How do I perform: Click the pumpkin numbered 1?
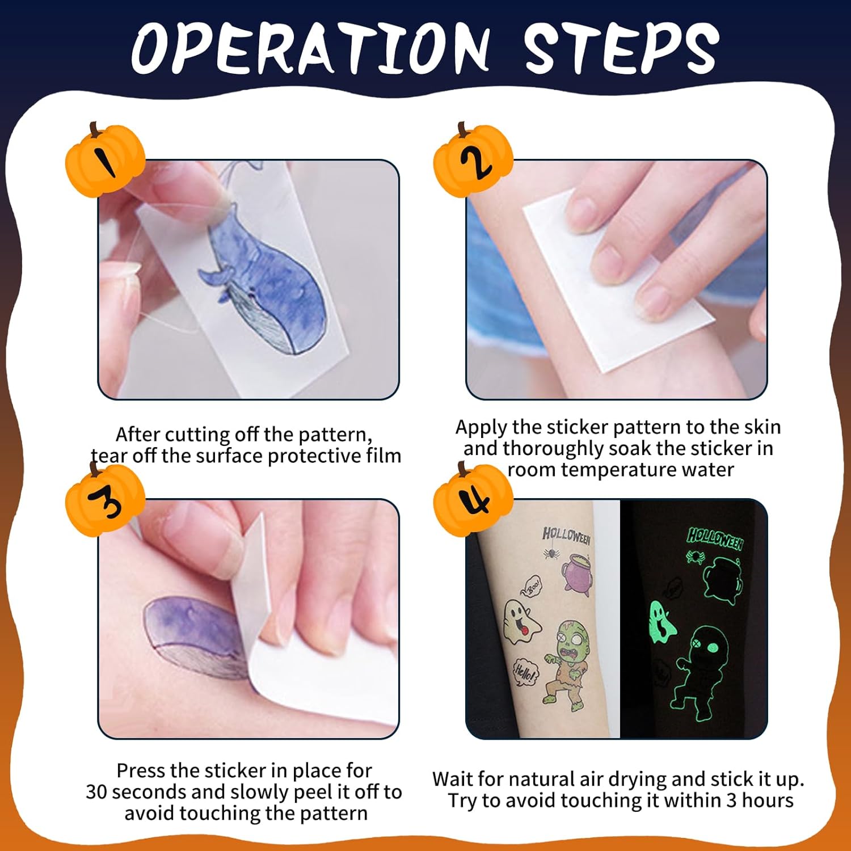106,160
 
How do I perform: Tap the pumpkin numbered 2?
473,160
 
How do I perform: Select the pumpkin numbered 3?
106,498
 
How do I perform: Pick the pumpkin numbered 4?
473,498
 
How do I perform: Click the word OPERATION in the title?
311,48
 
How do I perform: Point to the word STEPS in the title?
621,48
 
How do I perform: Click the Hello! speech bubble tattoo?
525,673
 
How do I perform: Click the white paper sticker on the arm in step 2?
618,281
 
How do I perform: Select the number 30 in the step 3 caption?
98,792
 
